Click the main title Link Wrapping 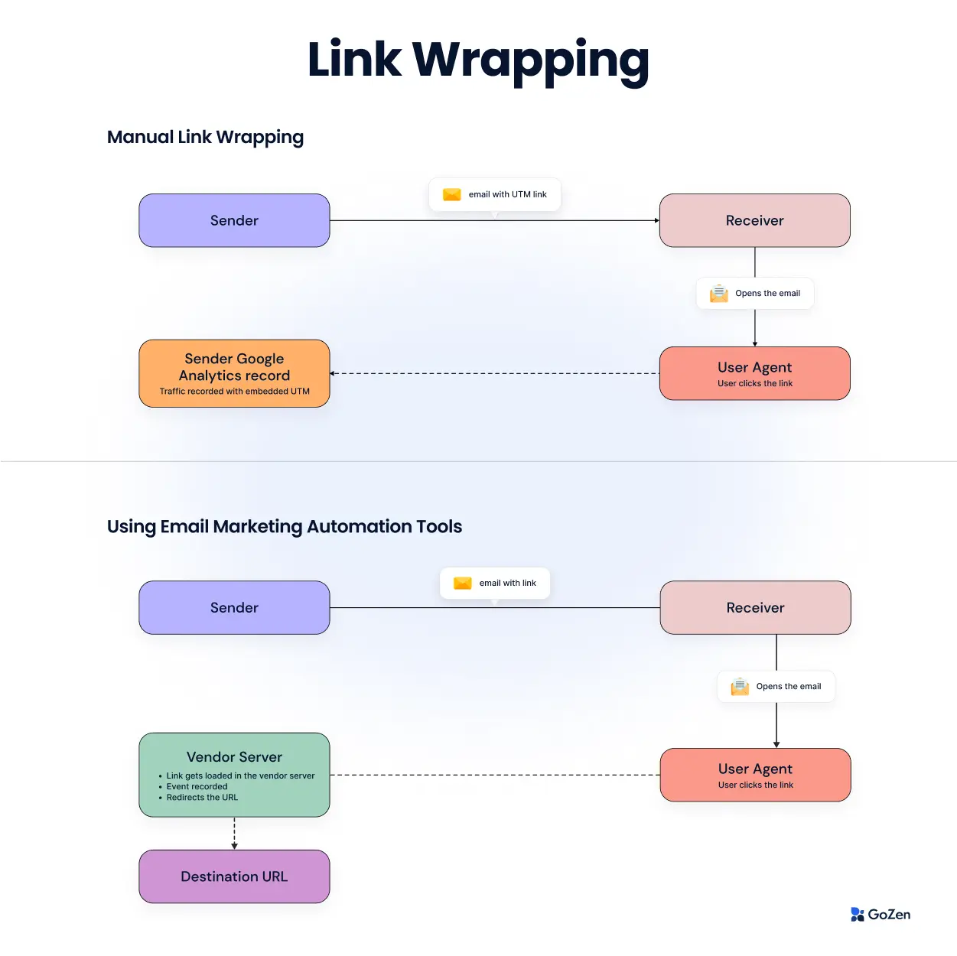click(x=478, y=60)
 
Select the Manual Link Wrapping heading click(x=205, y=137)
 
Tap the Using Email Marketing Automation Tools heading click(x=285, y=526)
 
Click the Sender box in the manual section click(x=234, y=220)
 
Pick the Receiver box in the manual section click(x=754, y=220)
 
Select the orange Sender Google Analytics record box click(x=234, y=372)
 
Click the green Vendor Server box click(x=234, y=774)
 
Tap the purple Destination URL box click(x=234, y=876)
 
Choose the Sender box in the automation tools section click(x=234, y=607)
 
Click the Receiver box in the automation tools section click(x=755, y=607)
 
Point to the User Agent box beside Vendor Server click(x=755, y=775)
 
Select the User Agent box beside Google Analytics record click(x=754, y=373)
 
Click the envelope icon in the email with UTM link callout click(x=452, y=194)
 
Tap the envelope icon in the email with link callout click(x=463, y=583)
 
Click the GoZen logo click(x=881, y=914)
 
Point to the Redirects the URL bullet click(x=202, y=798)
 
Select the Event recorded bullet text click(x=197, y=786)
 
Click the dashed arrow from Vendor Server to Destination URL click(x=234, y=833)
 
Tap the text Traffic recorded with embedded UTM click(x=234, y=392)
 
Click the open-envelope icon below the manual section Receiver click(x=719, y=294)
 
